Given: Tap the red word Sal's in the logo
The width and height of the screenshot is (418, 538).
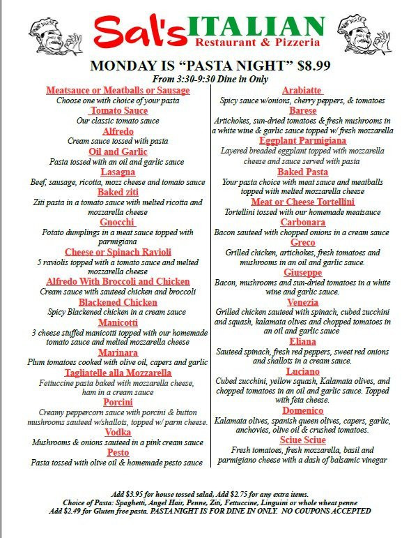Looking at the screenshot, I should tap(135, 33).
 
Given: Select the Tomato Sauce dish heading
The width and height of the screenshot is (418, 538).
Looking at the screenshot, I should tap(118, 111).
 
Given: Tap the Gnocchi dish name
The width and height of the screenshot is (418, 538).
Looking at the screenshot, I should tap(118, 222).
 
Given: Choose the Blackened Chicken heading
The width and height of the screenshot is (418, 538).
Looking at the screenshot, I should tap(118, 302).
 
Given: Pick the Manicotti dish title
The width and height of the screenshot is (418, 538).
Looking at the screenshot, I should tap(118, 322).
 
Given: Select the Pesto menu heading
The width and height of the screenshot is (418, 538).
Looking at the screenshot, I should tap(118, 452).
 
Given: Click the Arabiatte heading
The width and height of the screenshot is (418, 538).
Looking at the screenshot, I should tap(302, 91).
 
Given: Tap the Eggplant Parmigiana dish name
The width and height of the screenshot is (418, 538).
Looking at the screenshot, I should tap(302, 141).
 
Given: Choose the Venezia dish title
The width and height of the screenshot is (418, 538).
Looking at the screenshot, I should tap(302, 302).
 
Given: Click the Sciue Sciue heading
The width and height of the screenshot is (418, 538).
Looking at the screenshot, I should tap(302, 440).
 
